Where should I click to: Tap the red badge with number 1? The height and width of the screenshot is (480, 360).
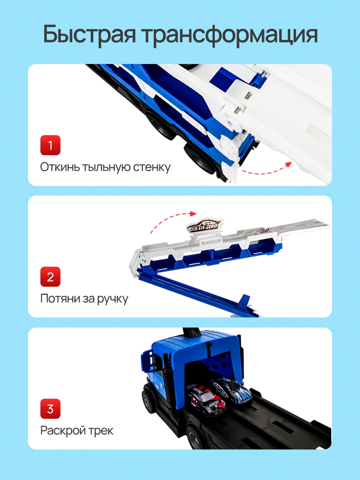tap(50, 145)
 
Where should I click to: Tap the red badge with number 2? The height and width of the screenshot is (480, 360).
tap(50, 277)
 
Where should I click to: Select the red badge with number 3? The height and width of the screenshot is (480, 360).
tap(50, 409)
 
